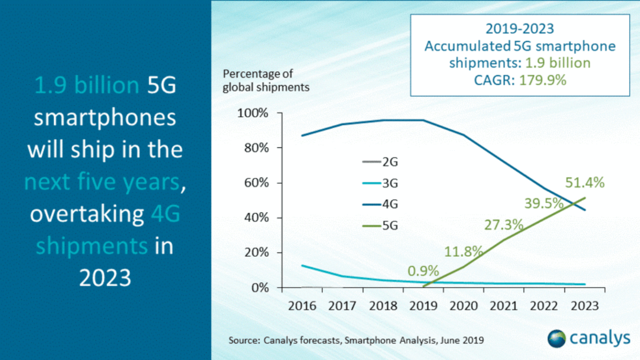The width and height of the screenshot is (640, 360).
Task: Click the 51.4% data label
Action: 585,183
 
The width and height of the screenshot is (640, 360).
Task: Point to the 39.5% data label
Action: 544,204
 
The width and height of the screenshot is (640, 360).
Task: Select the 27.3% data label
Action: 503,224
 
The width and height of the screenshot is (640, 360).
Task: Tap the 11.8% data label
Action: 464,250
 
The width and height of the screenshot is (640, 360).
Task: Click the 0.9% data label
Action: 423,271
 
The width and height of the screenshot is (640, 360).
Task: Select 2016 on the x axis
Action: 302,306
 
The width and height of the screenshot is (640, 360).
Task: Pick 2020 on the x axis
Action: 464,306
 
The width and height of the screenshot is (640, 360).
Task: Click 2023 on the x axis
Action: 584,306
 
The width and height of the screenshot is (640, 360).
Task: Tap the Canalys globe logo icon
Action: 556,338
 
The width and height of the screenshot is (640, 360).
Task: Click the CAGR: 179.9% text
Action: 520,81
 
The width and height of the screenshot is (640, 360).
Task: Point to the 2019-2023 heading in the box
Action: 520,28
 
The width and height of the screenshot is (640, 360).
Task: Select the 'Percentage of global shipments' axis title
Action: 266,80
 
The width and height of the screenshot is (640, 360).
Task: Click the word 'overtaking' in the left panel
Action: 83,214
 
